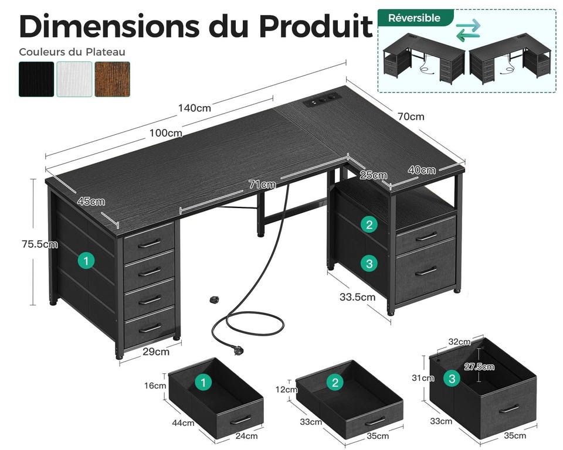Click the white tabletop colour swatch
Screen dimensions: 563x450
point(74,79)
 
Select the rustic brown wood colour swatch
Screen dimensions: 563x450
point(113,79)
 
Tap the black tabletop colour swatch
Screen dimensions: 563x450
point(36,79)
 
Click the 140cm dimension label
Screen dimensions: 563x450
point(195,108)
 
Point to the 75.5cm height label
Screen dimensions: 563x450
point(39,244)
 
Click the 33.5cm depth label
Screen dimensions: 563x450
point(358,297)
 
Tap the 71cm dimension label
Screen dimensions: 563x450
point(263,185)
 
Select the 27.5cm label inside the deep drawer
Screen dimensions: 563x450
point(479,367)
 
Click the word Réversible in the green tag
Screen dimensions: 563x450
point(414,18)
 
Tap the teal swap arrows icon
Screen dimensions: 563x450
point(468,30)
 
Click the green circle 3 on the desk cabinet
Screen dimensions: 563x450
point(369,264)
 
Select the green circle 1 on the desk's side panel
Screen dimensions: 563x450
point(86,261)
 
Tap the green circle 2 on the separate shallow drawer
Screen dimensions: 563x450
point(335,383)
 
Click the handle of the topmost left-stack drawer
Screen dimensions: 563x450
point(150,244)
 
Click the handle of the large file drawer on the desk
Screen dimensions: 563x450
point(426,271)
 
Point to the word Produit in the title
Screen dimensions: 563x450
point(316,26)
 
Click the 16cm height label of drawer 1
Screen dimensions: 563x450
point(155,386)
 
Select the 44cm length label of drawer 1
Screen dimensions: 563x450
point(183,422)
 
